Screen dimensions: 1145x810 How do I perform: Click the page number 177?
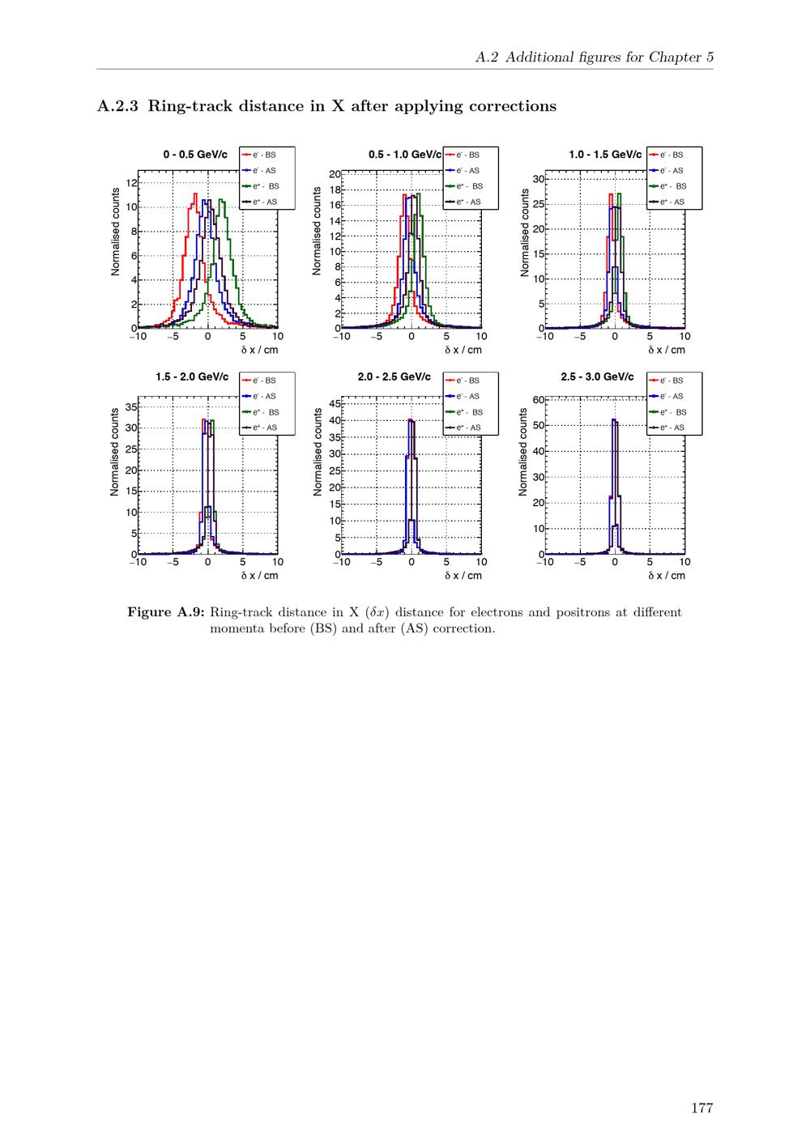[x=701, y=1108]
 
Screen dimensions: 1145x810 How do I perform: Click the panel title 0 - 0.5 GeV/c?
[x=195, y=154]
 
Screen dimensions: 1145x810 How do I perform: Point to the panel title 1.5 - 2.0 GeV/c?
[x=192, y=377]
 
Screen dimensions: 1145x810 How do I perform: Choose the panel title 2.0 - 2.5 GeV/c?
[x=394, y=377]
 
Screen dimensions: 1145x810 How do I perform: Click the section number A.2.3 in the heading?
[x=117, y=106]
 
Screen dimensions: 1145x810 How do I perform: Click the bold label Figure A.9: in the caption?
[x=165, y=612]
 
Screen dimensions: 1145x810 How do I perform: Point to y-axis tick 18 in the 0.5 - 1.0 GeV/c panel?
[x=334, y=190]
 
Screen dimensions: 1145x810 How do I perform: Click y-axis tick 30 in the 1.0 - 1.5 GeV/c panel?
[x=538, y=178]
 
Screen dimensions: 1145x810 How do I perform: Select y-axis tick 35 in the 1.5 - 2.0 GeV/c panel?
[x=130, y=406]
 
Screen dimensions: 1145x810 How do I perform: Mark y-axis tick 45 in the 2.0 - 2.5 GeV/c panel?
[x=334, y=403]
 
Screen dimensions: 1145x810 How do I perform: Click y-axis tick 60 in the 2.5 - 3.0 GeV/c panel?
[x=538, y=400]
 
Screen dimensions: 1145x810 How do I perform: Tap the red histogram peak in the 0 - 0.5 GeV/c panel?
[x=195, y=194]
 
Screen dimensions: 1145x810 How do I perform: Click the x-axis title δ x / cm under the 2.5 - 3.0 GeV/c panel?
[x=666, y=576]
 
